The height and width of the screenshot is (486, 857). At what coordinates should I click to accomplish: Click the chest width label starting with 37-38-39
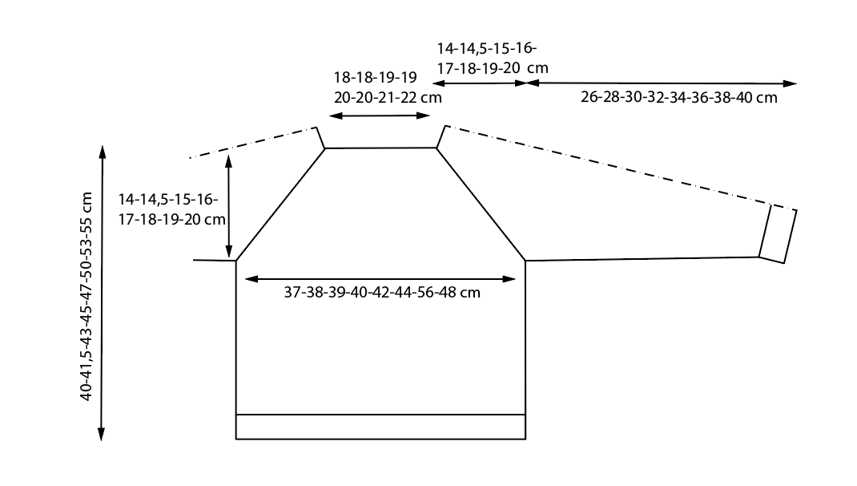(382, 292)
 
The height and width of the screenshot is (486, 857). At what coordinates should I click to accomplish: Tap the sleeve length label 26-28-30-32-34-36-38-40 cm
(679, 97)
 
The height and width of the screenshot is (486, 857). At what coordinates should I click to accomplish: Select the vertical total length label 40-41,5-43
(87, 296)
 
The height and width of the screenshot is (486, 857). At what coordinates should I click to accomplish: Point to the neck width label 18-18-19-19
(376, 77)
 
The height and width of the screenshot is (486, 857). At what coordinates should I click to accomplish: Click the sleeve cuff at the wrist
(778, 234)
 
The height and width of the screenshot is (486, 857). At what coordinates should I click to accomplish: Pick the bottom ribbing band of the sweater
(380, 427)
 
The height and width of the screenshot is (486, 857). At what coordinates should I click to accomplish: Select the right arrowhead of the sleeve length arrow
(791, 83)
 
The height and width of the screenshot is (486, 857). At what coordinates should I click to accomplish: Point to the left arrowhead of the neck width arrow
(336, 116)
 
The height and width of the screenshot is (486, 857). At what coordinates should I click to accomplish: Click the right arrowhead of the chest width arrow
(509, 279)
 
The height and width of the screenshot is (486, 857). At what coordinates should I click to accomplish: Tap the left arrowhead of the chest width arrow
(251, 279)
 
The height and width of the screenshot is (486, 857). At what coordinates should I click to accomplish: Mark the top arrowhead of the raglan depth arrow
(228, 160)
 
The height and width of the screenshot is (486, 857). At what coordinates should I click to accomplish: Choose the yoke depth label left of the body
(171, 209)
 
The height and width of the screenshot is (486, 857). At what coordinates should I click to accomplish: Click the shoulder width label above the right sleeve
(493, 59)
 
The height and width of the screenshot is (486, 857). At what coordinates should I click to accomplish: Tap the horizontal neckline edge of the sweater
(380, 148)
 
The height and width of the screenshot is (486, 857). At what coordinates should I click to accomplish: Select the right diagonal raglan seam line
(481, 205)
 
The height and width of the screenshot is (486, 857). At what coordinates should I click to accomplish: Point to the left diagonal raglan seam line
(280, 205)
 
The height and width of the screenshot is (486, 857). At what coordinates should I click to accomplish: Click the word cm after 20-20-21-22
(431, 98)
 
